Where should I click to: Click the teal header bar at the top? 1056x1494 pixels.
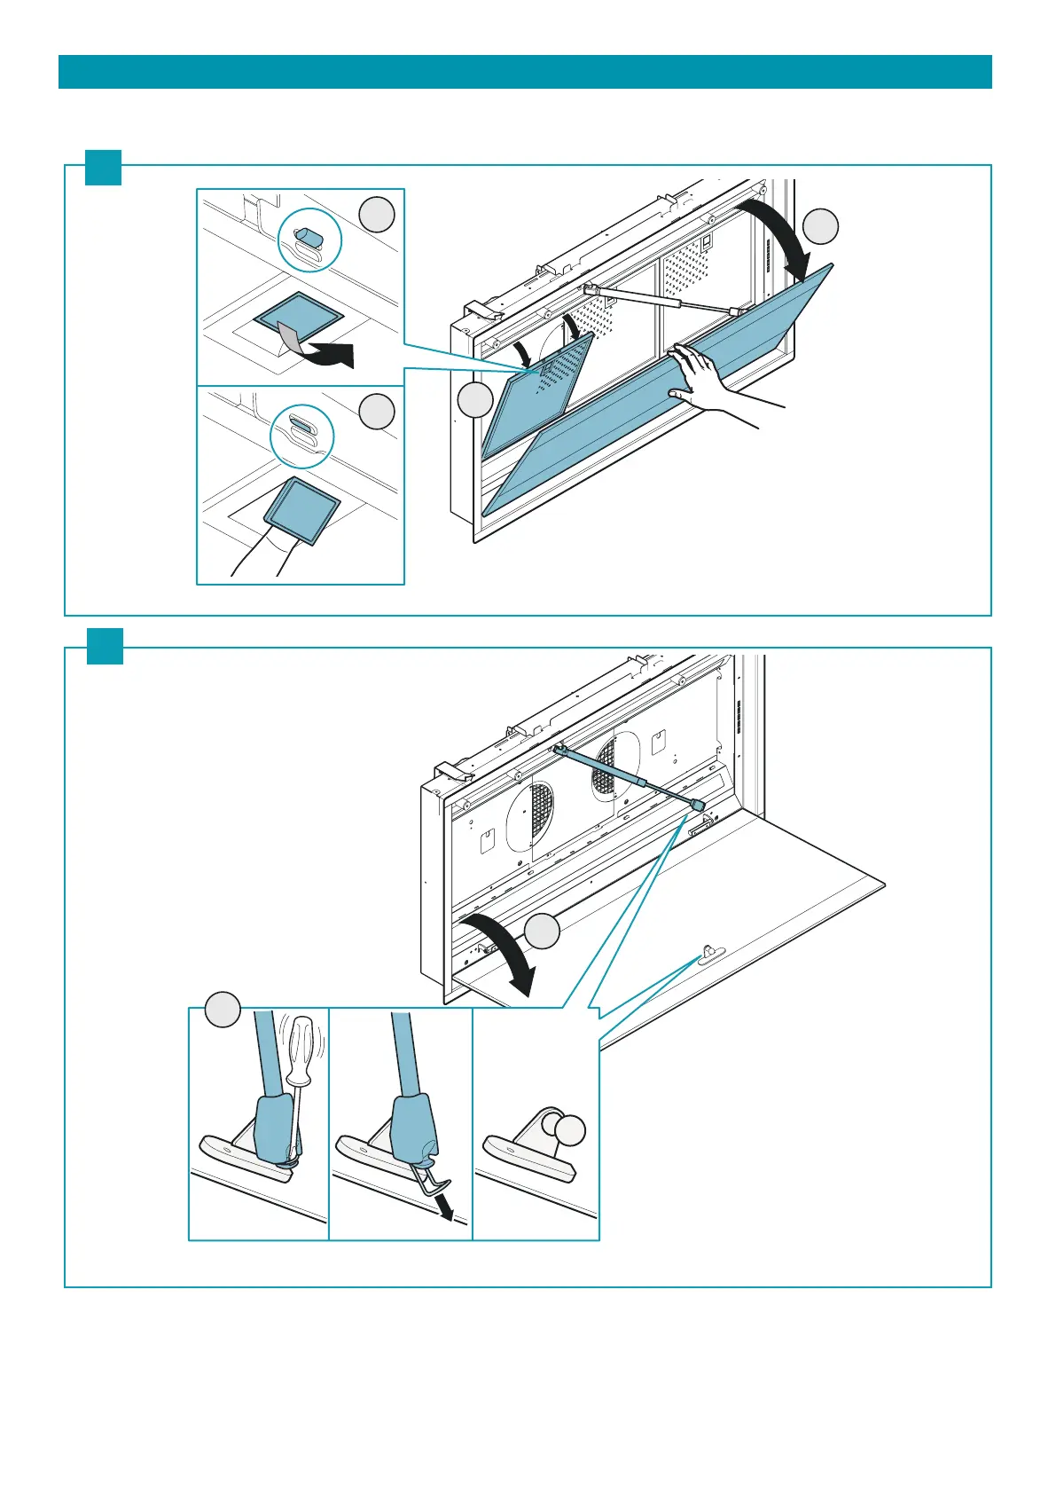pos(525,72)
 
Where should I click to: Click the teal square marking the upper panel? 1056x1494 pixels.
pos(103,168)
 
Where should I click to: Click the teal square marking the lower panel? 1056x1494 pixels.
pos(105,646)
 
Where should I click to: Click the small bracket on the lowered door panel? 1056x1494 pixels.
pos(708,954)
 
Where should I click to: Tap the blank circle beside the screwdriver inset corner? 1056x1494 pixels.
pos(223,1010)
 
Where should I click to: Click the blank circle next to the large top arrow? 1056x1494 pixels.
pos(821,225)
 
